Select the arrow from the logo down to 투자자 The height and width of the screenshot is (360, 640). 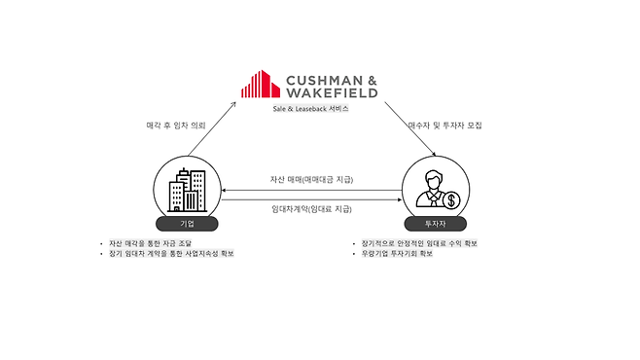407,130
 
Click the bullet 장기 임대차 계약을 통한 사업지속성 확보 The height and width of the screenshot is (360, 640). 175,254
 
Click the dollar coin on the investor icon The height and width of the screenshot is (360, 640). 450,201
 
